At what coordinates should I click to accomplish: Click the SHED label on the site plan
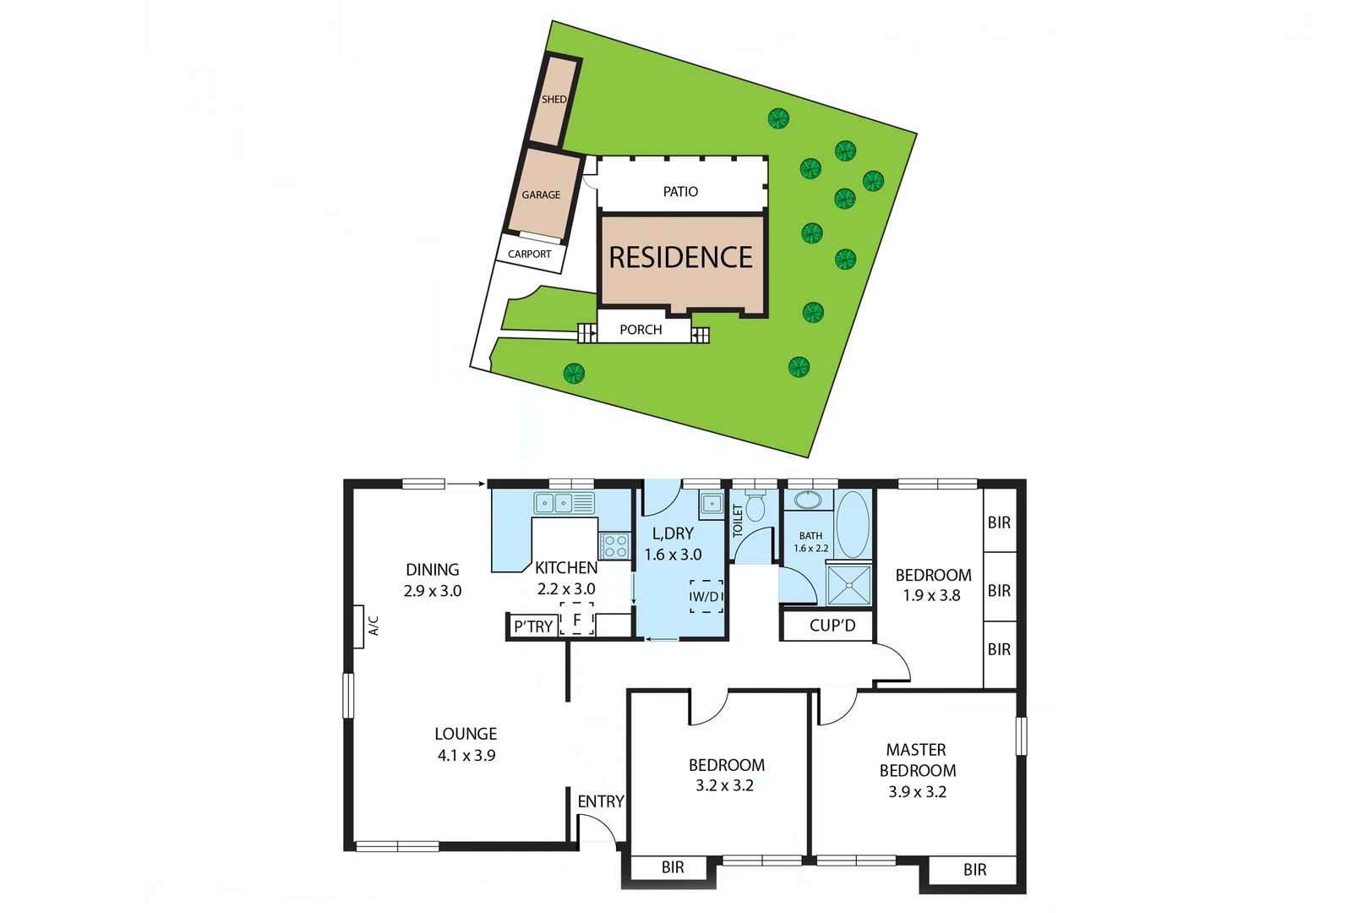click(x=554, y=100)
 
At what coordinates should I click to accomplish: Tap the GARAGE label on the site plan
click(x=541, y=194)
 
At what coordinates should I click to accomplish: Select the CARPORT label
click(x=530, y=254)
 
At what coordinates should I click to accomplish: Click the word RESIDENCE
click(x=680, y=257)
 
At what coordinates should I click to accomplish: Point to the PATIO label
click(x=680, y=192)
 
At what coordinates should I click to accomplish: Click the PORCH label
click(x=641, y=330)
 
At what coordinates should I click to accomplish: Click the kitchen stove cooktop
click(x=615, y=545)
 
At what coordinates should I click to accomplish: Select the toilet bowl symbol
click(x=755, y=507)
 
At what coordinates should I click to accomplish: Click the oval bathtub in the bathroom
click(x=852, y=524)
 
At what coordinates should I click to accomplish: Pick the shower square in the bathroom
click(x=848, y=585)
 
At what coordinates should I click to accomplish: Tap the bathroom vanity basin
click(x=808, y=500)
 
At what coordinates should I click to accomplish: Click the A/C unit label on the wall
click(x=373, y=626)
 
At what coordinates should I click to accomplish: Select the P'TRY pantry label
click(x=533, y=626)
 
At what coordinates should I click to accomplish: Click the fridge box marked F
click(x=577, y=620)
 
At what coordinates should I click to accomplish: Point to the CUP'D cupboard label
click(x=832, y=626)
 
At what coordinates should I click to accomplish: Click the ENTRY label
click(x=601, y=801)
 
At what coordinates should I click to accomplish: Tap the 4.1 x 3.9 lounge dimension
click(x=466, y=756)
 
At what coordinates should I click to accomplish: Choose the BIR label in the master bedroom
click(x=974, y=870)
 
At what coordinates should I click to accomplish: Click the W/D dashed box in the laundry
click(x=706, y=596)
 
